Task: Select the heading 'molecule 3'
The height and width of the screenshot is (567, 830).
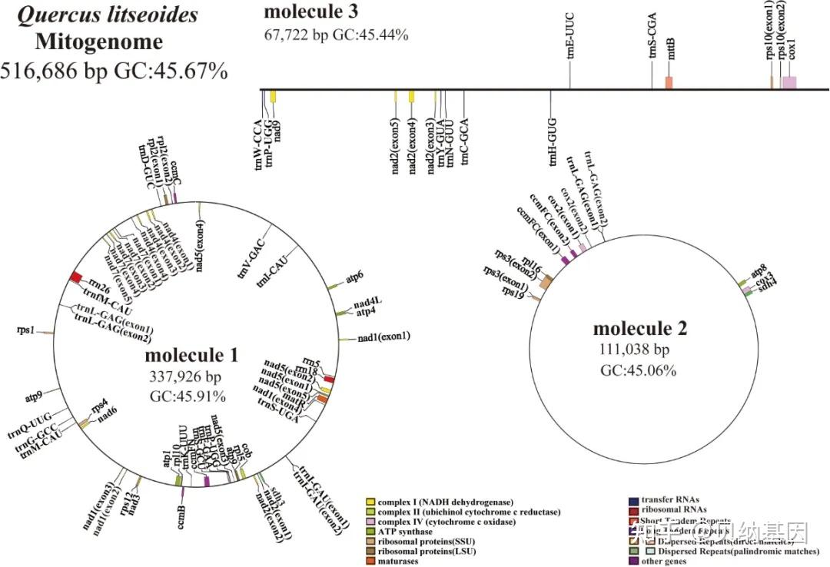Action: coord(310,12)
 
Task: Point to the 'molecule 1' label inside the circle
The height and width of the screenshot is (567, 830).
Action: coord(191,356)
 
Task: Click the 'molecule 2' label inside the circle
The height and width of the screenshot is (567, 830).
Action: coord(640,329)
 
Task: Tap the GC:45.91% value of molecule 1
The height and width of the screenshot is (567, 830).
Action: coord(188,396)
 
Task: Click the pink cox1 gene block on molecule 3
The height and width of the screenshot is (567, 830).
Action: coord(789,82)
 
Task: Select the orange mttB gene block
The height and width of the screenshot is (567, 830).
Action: coord(669,82)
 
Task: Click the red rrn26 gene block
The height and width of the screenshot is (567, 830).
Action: coord(76,277)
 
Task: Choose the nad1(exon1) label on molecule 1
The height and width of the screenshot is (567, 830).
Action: coord(384,337)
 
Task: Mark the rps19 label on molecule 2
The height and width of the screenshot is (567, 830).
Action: coord(512,292)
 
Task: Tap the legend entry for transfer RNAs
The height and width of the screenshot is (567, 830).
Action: coord(668,500)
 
